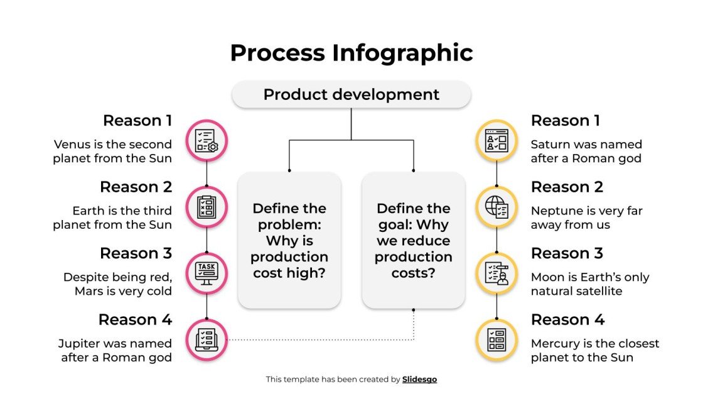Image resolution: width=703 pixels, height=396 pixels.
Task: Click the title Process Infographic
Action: coord(351,53)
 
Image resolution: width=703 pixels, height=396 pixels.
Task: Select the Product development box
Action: coord(351,95)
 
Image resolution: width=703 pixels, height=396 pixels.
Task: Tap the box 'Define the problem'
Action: coord(289,241)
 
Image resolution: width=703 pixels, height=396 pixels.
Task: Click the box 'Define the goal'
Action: coord(413,241)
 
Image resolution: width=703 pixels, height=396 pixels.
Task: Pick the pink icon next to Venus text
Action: coord(207,140)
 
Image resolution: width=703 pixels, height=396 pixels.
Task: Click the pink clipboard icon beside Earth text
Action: coord(207,207)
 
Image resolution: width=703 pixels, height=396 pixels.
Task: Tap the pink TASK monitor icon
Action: coord(207,273)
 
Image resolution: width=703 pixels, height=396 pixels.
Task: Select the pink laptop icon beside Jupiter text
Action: coord(207,340)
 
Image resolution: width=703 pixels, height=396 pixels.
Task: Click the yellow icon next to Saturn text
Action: coord(496,140)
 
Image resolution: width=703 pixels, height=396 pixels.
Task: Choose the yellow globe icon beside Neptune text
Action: coord(496,207)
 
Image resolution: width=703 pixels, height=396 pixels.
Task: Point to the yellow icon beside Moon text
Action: coord(496,273)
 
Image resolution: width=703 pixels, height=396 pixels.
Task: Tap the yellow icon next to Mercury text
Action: coord(496,340)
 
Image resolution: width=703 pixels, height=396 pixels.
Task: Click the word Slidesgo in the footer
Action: coord(419,379)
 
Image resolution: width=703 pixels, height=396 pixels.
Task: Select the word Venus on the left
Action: coord(72,145)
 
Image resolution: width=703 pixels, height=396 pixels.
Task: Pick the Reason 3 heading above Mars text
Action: coord(136,253)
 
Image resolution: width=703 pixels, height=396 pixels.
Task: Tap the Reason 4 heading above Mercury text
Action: coord(567,320)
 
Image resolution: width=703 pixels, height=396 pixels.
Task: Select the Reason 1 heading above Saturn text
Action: coord(566,121)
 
